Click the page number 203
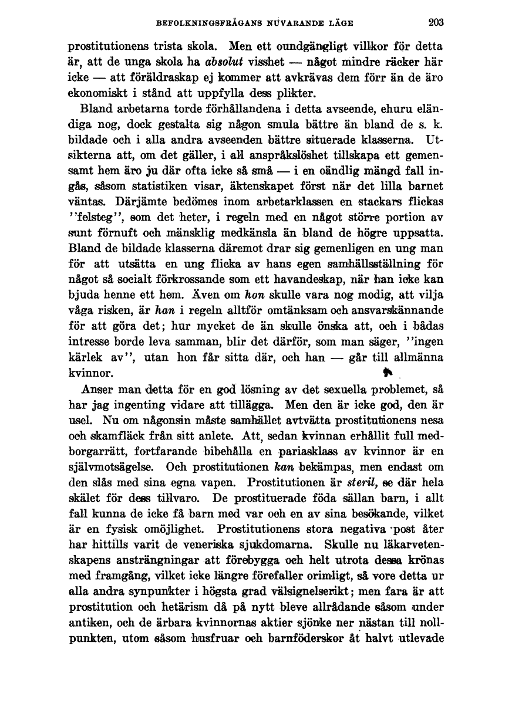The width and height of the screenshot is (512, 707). [x=436, y=23]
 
